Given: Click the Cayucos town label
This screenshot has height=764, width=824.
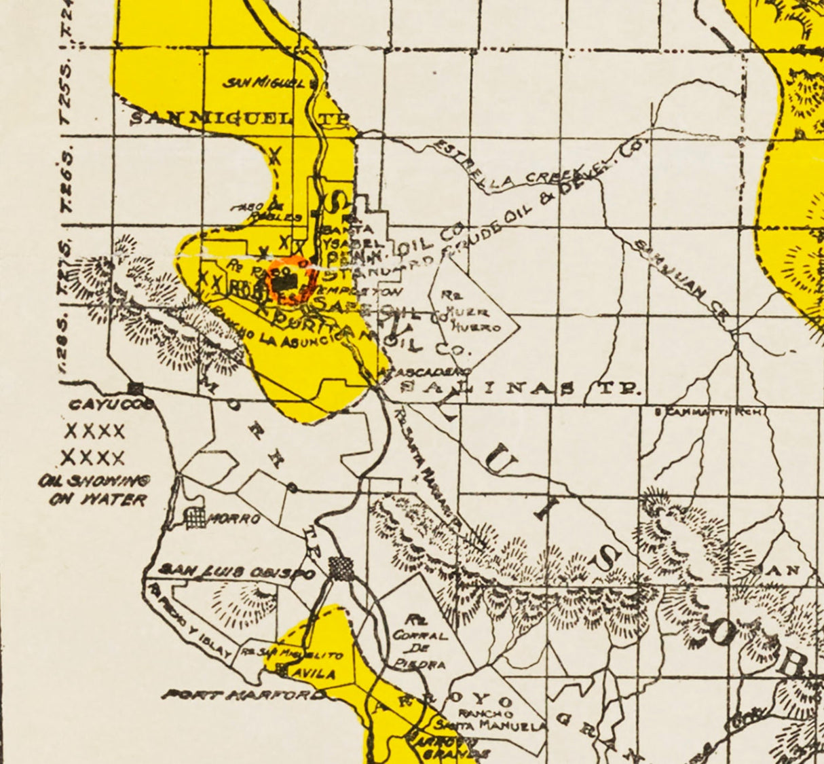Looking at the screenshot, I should point(109,405).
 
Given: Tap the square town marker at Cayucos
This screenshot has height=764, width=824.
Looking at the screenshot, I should point(137,388).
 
